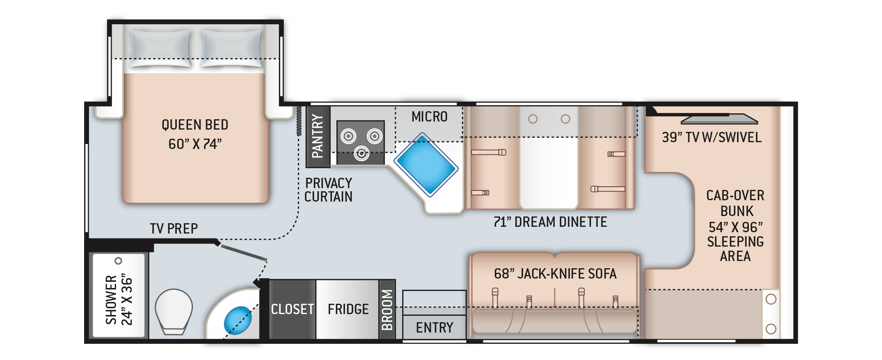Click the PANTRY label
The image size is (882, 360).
click(x=318, y=136)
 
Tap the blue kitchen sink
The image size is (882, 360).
click(x=426, y=165)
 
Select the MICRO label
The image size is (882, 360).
click(x=430, y=117)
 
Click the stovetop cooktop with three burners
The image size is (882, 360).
click(x=361, y=142)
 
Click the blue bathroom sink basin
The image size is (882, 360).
click(x=237, y=320)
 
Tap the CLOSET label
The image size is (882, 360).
click(x=292, y=309)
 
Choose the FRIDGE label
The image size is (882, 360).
click(x=348, y=309)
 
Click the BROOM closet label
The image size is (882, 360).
click(x=387, y=310)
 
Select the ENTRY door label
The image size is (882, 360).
click(x=434, y=328)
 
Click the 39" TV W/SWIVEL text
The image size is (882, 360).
click(x=712, y=137)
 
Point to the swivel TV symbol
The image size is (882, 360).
click(x=720, y=119)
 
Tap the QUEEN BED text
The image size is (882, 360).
click(x=195, y=125)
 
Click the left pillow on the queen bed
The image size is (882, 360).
click(x=160, y=48)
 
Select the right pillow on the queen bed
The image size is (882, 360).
click(x=231, y=48)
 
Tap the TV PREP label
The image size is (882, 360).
click(x=174, y=229)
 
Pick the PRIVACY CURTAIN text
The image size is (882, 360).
click(x=328, y=190)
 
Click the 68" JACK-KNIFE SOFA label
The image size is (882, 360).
click(x=555, y=274)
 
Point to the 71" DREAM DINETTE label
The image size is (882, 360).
click(x=551, y=222)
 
